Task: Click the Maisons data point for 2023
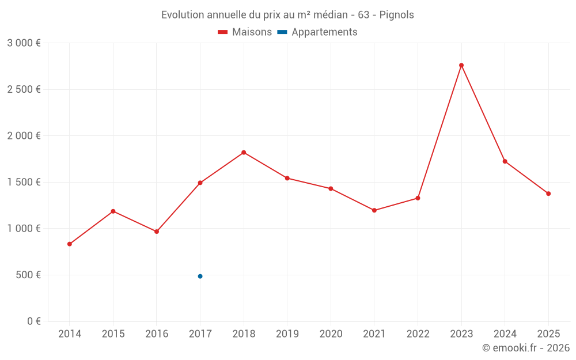tap(461, 65)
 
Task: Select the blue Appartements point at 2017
tap(200, 276)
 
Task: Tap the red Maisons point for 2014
tap(70, 244)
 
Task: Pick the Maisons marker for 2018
tap(244, 153)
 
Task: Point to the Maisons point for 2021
tap(374, 210)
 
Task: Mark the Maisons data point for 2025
tap(548, 194)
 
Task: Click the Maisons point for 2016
tap(157, 232)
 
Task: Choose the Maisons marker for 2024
tap(505, 161)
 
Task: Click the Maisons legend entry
tap(245, 32)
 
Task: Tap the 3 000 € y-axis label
tap(24, 43)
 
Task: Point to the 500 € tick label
tap(28, 275)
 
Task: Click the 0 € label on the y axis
tap(33, 321)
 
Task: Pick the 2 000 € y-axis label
tap(24, 136)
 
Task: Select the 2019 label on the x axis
tap(287, 334)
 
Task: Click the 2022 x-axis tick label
tap(418, 334)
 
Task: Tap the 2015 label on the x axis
tap(113, 334)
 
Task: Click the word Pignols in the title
tap(396, 15)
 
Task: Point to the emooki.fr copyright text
tap(526, 348)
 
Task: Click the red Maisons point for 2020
tap(331, 188)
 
